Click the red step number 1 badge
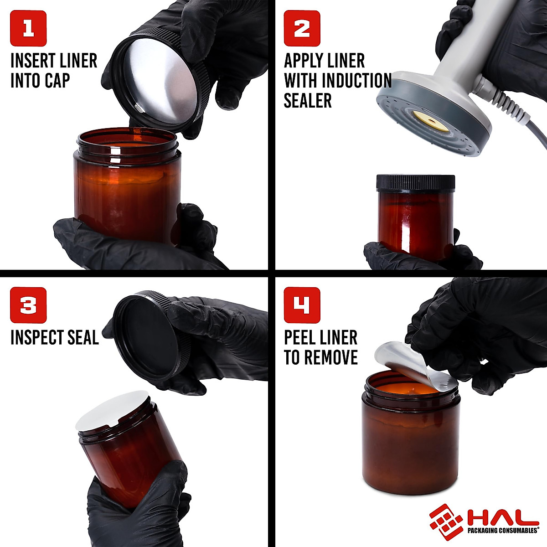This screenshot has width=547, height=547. click(x=28, y=28)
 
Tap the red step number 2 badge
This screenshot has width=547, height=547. click(x=302, y=28)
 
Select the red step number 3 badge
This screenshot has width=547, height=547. click(x=28, y=305)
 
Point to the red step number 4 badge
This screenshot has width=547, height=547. click(x=302, y=305)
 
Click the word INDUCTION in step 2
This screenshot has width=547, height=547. click(x=356, y=81)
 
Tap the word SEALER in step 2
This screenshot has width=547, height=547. click(x=307, y=100)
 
